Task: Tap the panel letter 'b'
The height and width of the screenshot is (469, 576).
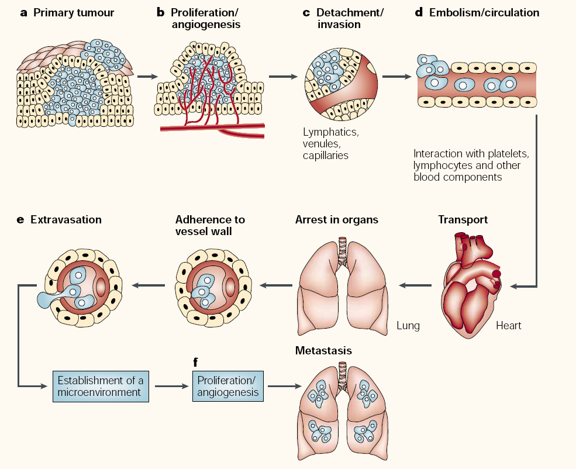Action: click(x=160, y=12)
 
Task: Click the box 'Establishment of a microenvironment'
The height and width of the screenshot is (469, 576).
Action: click(x=99, y=386)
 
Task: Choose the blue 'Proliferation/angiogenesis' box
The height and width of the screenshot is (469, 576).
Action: click(x=228, y=386)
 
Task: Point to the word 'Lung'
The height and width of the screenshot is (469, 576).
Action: click(x=408, y=326)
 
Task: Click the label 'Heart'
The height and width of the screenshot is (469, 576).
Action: click(x=509, y=326)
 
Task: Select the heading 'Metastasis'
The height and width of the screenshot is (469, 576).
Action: click(x=324, y=350)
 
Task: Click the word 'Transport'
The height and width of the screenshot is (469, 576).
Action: click(x=463, y=220)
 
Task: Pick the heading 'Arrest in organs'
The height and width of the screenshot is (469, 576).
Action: click(x=337, y=220)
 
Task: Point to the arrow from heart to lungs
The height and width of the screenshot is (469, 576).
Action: click(x=415, y=285)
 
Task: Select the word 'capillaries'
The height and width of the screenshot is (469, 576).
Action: click(x=326, y=156)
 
